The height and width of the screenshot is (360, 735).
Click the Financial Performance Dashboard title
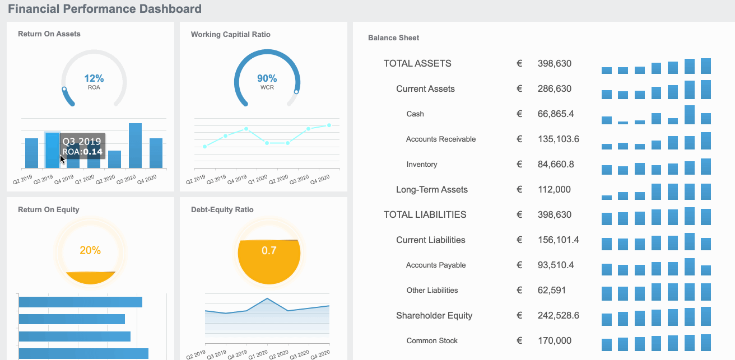click(105, 9)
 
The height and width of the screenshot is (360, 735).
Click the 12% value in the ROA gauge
click(94, 79)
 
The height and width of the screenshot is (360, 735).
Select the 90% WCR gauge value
click(267, 79)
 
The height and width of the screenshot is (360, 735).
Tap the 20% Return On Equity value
click(90, 251)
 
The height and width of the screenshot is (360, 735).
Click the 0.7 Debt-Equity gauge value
click(269, 251)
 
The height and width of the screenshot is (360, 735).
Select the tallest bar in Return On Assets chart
click(135, 146)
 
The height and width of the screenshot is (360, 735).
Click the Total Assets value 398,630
click(554, 64)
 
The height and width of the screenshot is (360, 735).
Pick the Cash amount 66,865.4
click(555, 114)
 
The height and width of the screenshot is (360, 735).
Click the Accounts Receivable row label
click(441, 139)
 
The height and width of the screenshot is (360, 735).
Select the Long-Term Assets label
click(432, 190)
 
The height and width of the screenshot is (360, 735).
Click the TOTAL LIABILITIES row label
click(425, 215)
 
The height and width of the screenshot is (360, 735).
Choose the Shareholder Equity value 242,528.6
click(558, 316)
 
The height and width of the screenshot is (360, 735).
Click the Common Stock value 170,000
click(554, 341)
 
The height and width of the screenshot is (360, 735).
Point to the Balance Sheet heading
click(393, 38)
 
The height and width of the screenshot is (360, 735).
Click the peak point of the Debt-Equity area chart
click(267, 298)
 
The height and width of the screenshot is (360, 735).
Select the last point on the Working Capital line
click(329, 125)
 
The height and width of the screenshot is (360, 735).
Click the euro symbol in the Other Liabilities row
click(519, 291)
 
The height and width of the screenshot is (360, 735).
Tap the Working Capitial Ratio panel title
click(230, 35)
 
